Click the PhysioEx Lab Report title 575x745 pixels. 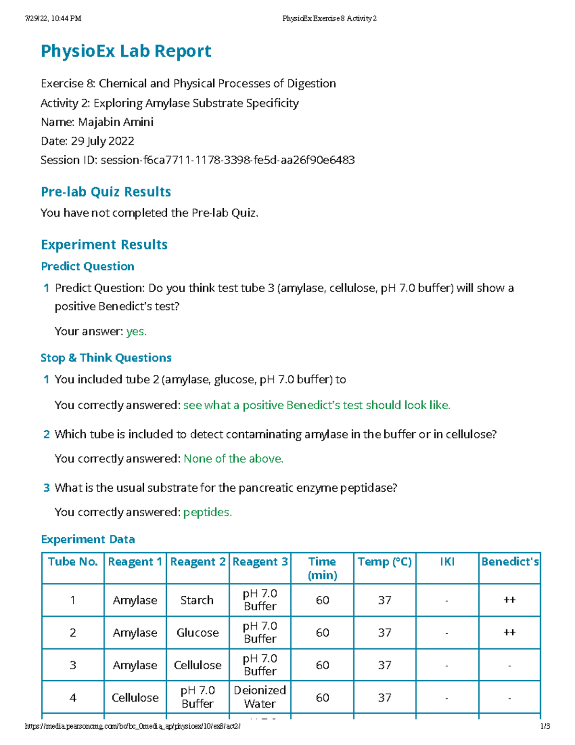point(126,51)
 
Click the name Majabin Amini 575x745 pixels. point(115,122)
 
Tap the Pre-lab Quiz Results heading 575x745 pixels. point(106,192)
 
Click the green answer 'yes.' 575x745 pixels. point(136,331)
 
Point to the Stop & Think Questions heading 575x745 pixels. point(106,358)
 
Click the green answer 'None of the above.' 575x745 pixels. point(233,459)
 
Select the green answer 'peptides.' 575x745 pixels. point(207,512)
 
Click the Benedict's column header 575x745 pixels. point(510,562)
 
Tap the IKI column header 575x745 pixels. point(447,562)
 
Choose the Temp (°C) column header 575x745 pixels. point(384,562)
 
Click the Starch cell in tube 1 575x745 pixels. point(197,600)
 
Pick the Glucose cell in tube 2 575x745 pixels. point(197,633)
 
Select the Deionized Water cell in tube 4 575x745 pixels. point(260,697)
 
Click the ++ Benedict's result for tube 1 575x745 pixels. point(509,600)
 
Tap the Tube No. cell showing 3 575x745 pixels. point(73,665)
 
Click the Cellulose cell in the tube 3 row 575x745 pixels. point(197,665)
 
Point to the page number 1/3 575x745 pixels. point(545,726)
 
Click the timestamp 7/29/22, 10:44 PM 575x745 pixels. point(53,19)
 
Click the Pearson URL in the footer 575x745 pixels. point(133,726)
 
